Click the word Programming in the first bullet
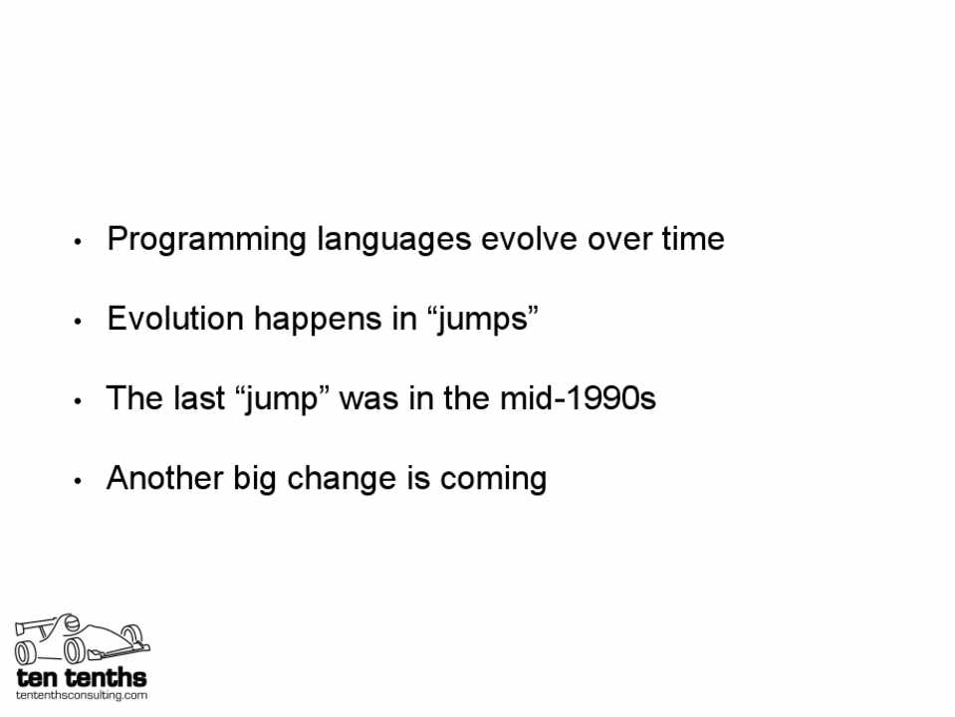coord(206,239)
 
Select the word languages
coord(394,239)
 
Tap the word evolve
coord(529,238)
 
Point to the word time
coord(693,238)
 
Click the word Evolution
coord(175,319)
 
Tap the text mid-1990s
coord(578,398)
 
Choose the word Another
coord(164,478)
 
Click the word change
coord(342,479)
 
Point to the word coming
coord(493,479)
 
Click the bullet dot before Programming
coord(78,242)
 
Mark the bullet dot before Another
coord(78,481)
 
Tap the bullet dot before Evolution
coord(78,322)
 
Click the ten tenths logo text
coord(82,677)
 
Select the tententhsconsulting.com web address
coord(82,695)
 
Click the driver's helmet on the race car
coord(72,622)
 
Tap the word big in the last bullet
coord(255,479)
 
